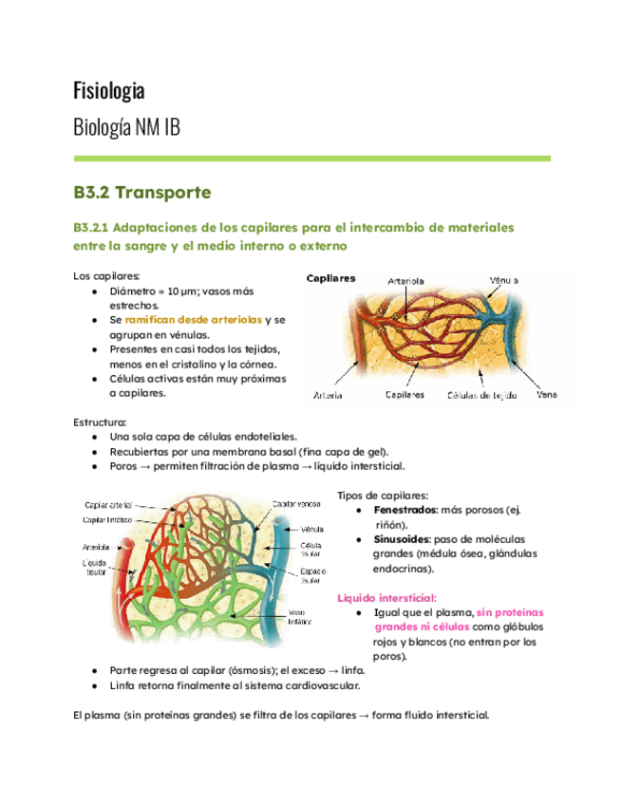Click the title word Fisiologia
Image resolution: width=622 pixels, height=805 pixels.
point(109,91)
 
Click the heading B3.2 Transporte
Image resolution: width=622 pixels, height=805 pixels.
point(141,193)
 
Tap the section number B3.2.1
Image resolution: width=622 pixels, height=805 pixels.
point(93,229)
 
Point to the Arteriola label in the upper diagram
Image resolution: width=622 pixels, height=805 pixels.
point(406,281)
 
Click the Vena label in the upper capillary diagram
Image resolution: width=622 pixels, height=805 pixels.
point(547,394)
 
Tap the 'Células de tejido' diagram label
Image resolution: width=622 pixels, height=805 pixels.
point(481,394)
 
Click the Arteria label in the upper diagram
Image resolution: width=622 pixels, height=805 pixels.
point(329,394)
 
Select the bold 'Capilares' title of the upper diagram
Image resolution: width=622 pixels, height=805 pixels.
point(330,279)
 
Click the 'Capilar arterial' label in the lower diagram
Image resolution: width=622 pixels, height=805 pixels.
point(107,505)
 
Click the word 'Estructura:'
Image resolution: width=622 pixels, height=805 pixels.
point(99,421)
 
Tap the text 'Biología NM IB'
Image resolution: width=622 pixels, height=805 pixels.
point(126,128)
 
